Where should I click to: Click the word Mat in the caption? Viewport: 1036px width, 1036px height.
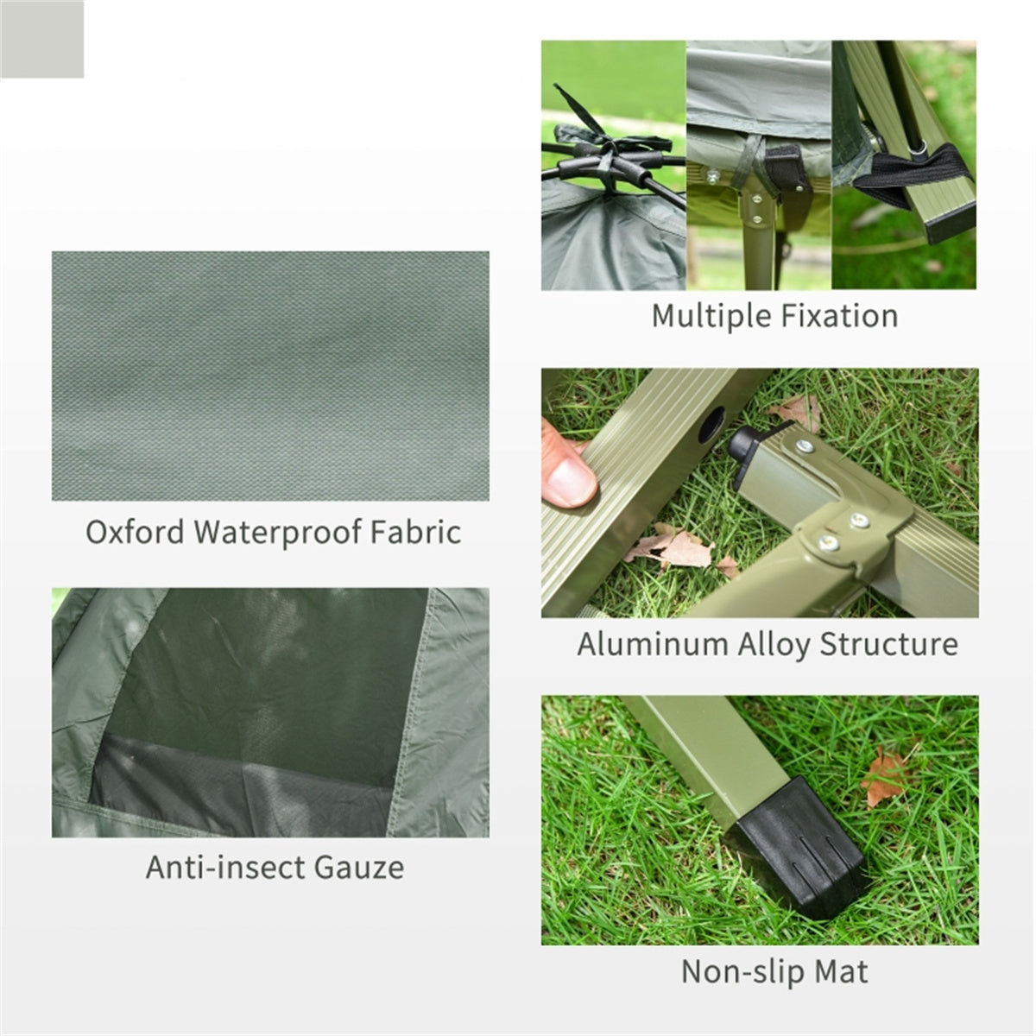[841, 972]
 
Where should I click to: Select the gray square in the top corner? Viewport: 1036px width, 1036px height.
[41, 39]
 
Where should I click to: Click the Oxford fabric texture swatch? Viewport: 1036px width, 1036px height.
[270, 376]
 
